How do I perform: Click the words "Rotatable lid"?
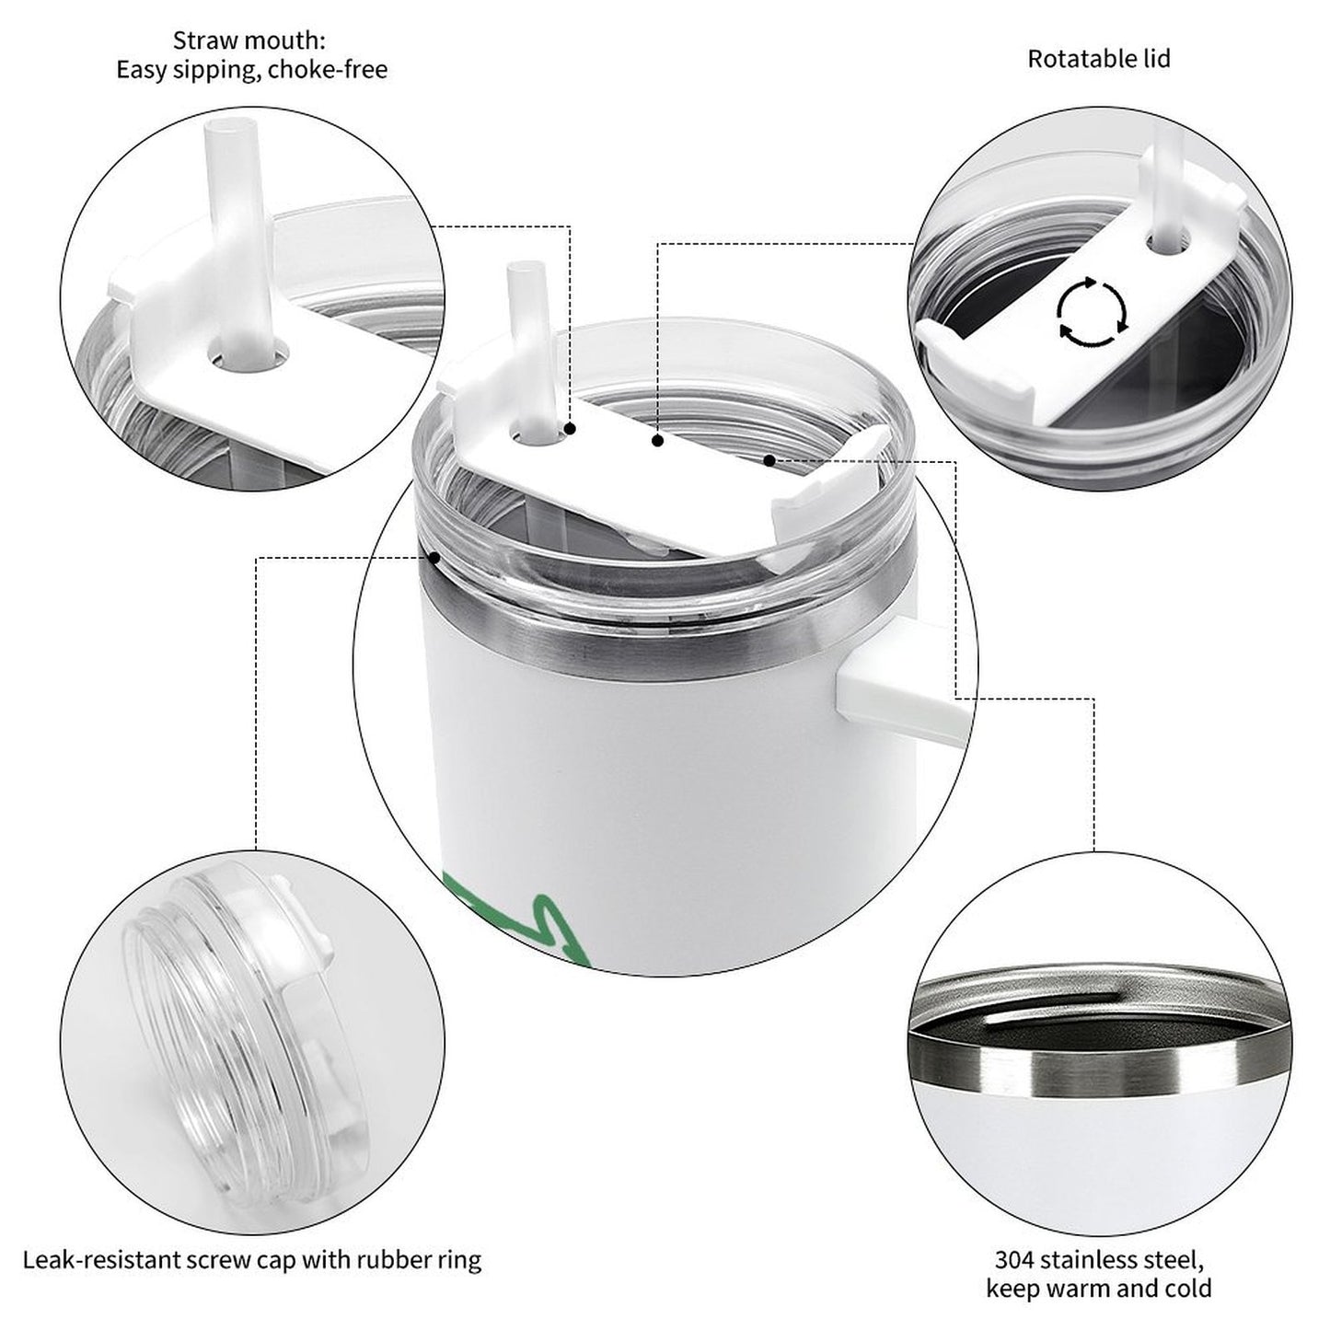[1099, 59]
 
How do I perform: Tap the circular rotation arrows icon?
[1093, 311]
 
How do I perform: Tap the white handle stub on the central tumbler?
[897, 689]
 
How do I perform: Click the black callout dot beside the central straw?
[570, 429]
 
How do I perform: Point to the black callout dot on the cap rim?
[434, 557]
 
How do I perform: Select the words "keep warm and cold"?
[1099, 1288]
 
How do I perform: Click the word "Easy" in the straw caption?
[140, 70]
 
